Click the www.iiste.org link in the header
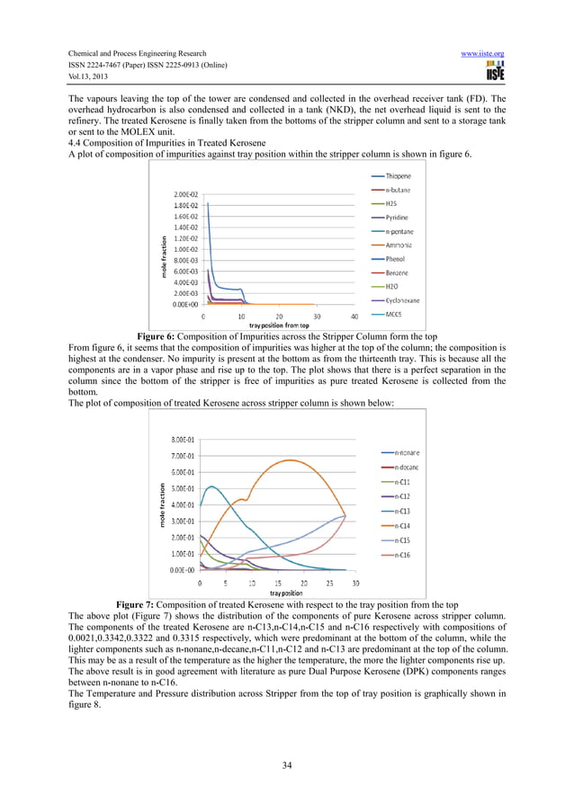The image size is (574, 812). pos(482,54)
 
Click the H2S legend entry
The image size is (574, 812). pos(393,204)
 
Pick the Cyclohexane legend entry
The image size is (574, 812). pos(402,299)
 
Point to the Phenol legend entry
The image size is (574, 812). pos(396,258)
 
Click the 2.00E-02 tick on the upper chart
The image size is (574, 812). pos(185,193)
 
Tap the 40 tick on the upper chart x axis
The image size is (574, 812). pos(354,317)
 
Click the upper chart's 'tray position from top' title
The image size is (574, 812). pos(280,325)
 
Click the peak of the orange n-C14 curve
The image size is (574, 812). pos(290,460)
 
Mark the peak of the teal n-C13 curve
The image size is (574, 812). pos(211,486)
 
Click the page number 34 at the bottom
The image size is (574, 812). pos(286,764)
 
